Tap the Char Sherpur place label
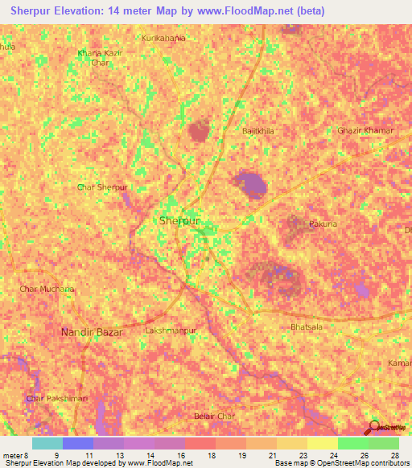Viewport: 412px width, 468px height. pos(102,187)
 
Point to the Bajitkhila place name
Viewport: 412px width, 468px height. pos(258,129)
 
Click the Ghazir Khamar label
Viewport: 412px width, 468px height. pos(365,130)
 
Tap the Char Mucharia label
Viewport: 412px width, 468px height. pos(47,289)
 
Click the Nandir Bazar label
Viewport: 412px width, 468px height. pos(89,331)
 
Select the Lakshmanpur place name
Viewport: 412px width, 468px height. pos(170,330)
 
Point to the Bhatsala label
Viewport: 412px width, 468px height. pos(306,328)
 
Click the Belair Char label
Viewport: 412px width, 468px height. pos(214,417)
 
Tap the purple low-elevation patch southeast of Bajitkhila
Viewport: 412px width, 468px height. pos(251,185)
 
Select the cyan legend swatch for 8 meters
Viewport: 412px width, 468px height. pos(47,443)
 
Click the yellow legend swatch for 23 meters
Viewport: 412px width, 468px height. pos(322,443)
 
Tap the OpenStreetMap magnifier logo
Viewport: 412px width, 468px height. pos(374,428)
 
